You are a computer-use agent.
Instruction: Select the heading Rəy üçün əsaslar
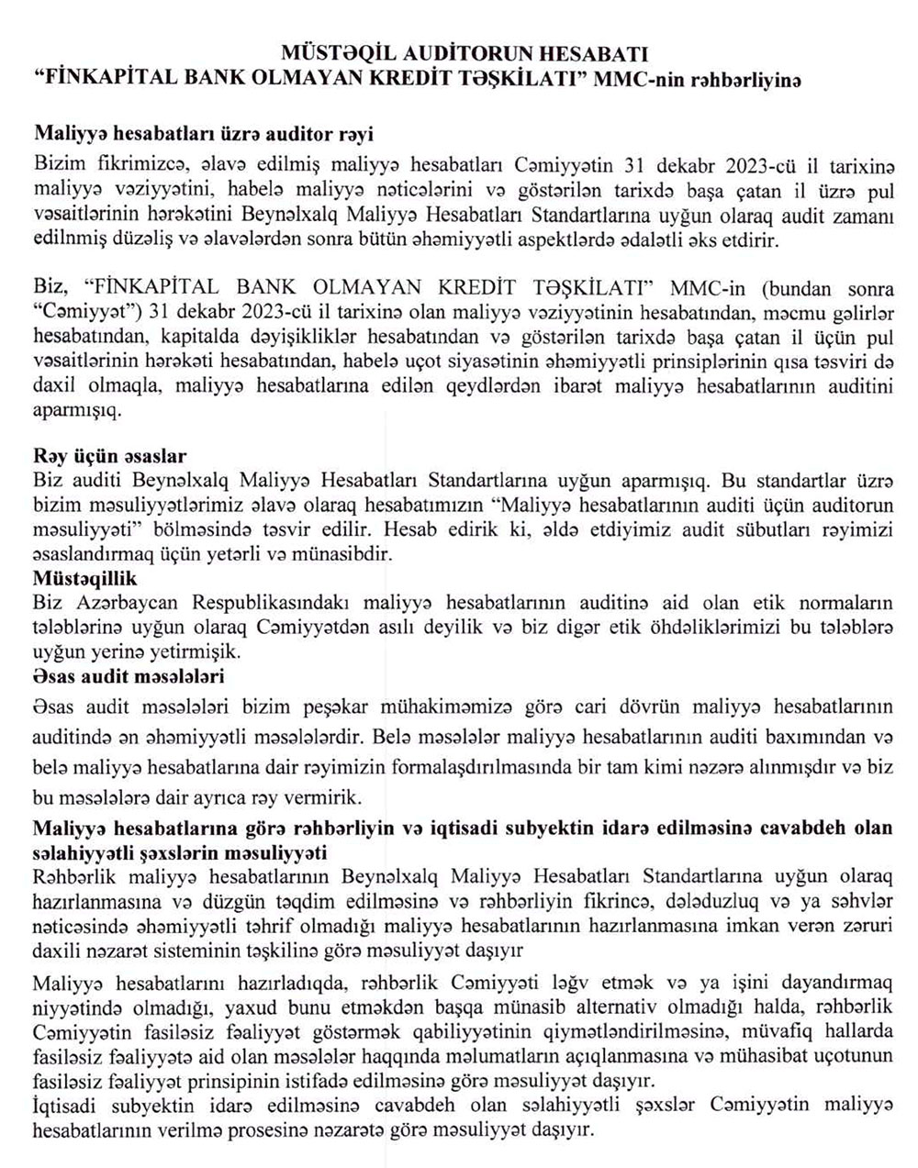(109, 456)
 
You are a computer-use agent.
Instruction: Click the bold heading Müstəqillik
(84, 579)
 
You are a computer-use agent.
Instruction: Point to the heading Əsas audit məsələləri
(129, 676)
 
